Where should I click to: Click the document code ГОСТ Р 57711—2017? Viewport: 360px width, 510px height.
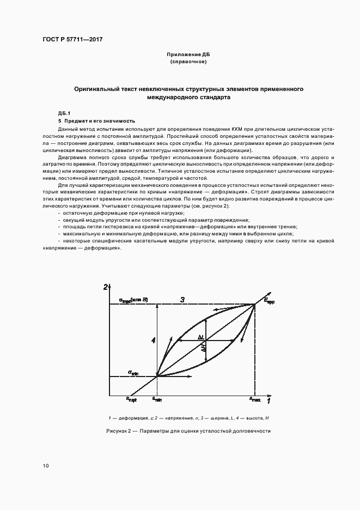click(x=72, y=39)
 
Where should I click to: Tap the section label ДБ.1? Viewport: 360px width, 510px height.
click(x=65, y=113)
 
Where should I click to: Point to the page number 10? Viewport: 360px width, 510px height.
click(x=46, y=465)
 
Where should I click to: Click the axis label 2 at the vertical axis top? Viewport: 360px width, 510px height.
click(x=106, y=287)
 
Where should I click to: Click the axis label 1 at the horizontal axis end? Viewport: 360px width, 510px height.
click(x=268, y=402)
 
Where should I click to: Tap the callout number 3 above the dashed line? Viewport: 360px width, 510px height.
click(x=183, y=299)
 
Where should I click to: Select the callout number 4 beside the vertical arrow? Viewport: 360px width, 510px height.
click(x=154, y=341)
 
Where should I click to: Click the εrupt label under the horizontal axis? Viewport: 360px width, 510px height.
click(x=131, y=399)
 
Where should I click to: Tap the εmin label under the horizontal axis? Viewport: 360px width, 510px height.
click(x=157, y=399)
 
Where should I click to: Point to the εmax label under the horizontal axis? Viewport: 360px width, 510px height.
click(x=255, y=399)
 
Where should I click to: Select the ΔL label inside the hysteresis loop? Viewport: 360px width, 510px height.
click(x=201, y=337)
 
